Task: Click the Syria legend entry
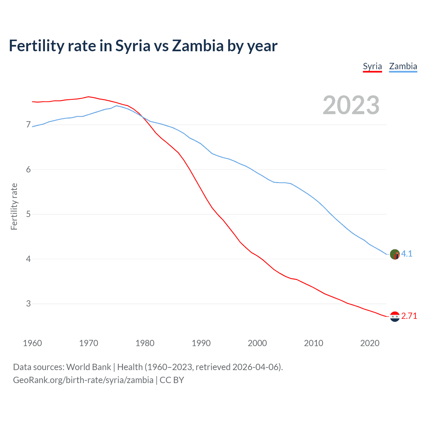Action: (372, 66)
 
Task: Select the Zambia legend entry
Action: (403, 66)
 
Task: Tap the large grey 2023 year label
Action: (351, 105)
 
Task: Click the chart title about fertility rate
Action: (143, 46)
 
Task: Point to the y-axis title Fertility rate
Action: (14, 206)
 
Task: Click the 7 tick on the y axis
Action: (28, 125)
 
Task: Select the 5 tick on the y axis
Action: (28, 214)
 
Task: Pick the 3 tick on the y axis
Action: (28, 304)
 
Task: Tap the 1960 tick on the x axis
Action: (32, 343)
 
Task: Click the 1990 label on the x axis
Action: (201, 343)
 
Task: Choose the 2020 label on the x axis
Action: (370, 343)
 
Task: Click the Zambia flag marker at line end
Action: (395, 254)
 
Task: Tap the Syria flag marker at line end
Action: (395, 317)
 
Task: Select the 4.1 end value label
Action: (407, 254)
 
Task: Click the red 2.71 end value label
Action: (409, 316)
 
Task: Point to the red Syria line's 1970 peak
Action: (88, 97)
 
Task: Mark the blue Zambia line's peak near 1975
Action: (116, 106)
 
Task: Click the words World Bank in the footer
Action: (89, 367)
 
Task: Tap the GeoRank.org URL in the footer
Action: (83, 380)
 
